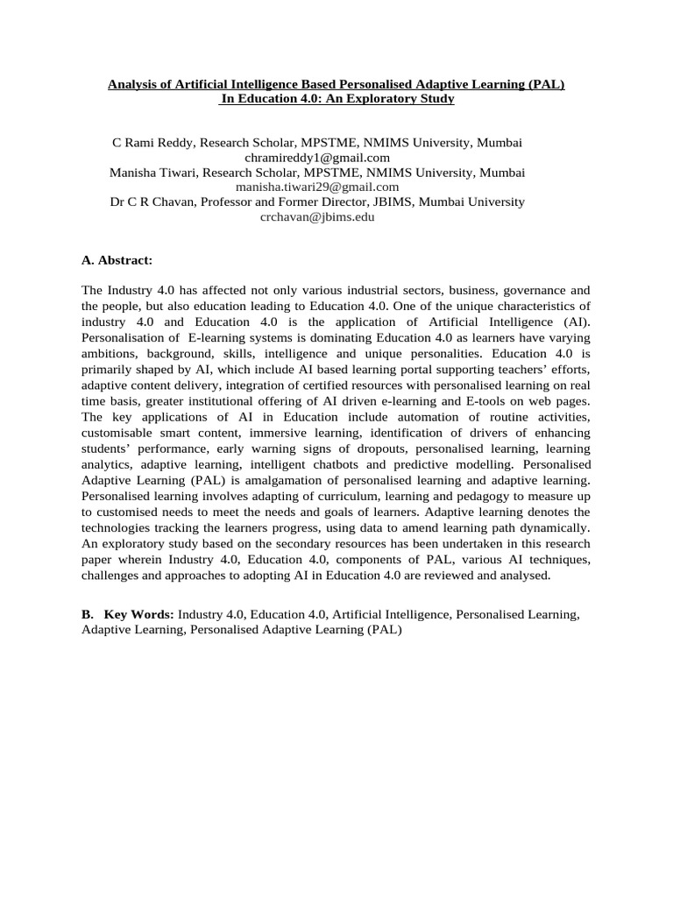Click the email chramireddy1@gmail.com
316,158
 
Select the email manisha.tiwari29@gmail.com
317,187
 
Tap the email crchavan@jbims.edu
317,216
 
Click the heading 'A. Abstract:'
117,260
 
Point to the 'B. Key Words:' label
128,615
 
